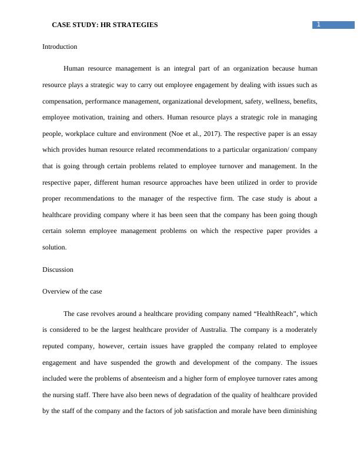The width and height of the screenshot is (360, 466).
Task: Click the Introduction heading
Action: tap(59, 46)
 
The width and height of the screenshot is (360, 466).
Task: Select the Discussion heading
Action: tap(58, 269)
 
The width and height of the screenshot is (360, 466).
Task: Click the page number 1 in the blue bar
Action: tap(318, 24)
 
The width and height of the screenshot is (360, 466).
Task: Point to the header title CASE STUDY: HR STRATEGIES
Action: tap(105, 25)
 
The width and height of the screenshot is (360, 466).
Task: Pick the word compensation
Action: tap(65, 101)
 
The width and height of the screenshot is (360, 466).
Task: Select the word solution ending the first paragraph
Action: tap(54, 248)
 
